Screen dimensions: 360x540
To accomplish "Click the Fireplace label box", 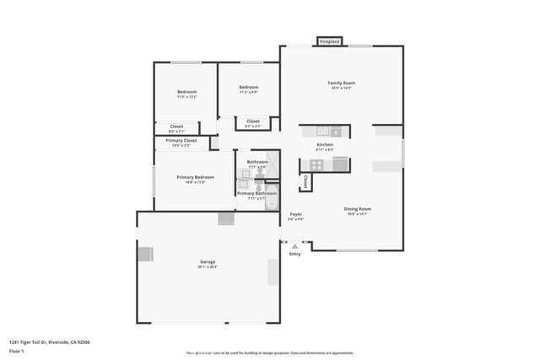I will tap(330, 41).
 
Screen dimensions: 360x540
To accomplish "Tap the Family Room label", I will tap(342, 83).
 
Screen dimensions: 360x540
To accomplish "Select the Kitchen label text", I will tap(325, 145).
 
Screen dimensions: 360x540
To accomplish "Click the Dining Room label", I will tap(357, 209).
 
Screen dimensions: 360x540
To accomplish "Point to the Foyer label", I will tap(296, 214).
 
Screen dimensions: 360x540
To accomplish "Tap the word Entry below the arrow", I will tap(294, 254).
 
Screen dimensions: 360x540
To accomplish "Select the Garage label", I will tap(207, 262).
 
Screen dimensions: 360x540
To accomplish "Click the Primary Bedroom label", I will tap(195, 177).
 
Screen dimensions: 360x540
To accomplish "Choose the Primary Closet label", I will tap(181, 141).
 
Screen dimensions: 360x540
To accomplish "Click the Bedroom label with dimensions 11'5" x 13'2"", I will tap(186, 92).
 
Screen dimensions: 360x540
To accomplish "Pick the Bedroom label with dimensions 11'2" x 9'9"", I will tap(248, 88).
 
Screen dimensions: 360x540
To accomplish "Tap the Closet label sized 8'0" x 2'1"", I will tap(177, 127).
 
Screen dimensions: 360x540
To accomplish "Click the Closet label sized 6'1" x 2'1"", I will tap(253, 121).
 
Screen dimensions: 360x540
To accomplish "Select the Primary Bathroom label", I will tap(256, 194).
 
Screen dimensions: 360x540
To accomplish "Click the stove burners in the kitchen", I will tap(316, 165).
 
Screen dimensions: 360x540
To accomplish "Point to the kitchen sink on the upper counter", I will tap(321, 132).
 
